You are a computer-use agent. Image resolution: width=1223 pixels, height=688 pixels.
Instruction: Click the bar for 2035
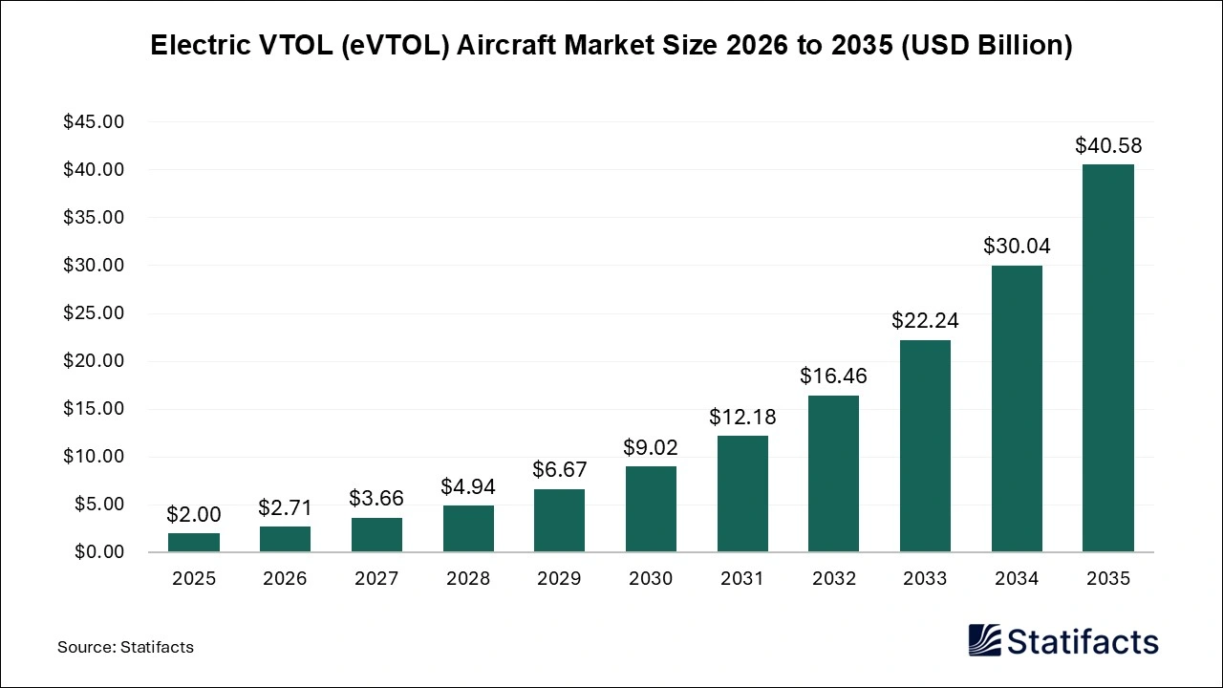[x=1108, y=358]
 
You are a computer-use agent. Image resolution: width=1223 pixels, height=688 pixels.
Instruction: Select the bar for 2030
[x=651, y=509]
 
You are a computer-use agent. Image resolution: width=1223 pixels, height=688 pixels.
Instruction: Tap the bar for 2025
[x=194, y=543]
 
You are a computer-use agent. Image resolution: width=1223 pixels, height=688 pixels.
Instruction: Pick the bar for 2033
[x=925, y=446]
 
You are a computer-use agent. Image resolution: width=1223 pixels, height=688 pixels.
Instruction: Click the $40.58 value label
[x=1108, y=146]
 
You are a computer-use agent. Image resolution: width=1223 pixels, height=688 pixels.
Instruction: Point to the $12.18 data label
[x=742, y=417]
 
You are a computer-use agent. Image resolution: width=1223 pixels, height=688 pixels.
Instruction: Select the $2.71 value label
[x=285, y=507]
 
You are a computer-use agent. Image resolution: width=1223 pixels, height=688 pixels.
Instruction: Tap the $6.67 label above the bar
[x=559, y=469]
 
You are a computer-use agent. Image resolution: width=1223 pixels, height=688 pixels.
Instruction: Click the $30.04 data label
[x=1017, y=247]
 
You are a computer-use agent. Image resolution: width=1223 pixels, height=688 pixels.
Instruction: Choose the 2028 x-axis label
[x=468, y=579]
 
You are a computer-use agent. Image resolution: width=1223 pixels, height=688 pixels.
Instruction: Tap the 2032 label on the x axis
[x=833, y=579]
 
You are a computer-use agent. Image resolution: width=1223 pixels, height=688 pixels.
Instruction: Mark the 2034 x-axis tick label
[x=1017, y=579]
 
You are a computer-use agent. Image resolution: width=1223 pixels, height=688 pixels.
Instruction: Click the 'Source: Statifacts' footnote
[x=125, y=647]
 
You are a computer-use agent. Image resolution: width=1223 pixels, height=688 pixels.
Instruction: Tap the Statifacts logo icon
[x=986, y=640]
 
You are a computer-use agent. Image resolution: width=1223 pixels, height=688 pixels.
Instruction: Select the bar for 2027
[x=376, y=535]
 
